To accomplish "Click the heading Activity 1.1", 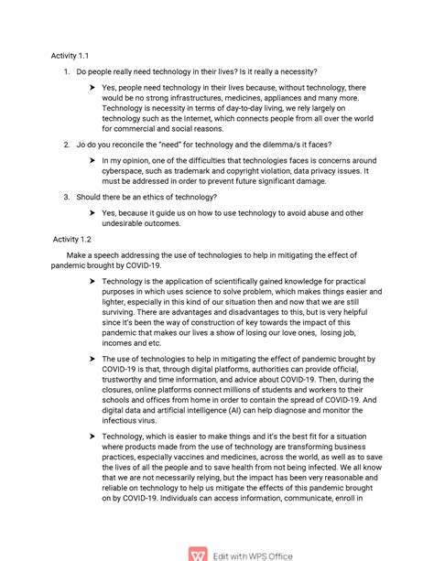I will (x=71, y=56).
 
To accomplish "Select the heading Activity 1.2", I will (x=73, y=239).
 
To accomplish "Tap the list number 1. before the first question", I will (x=67, y=71).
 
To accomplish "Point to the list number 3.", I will (x=67, y=197).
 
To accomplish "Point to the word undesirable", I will (x=128, y=223).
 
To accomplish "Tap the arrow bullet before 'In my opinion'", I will (x=93, y=160).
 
